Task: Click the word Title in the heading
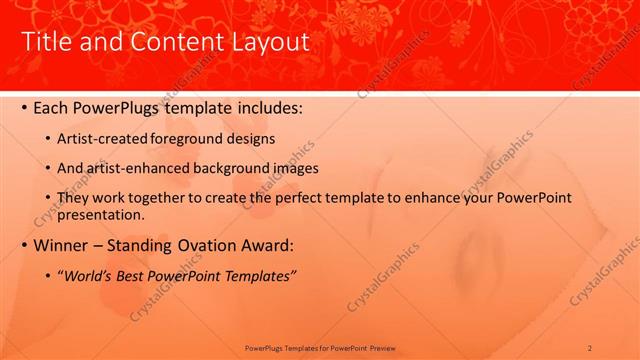tap(46, 42)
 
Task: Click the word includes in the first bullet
tap(266, 106)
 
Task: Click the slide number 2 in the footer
tap(590, 348)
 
